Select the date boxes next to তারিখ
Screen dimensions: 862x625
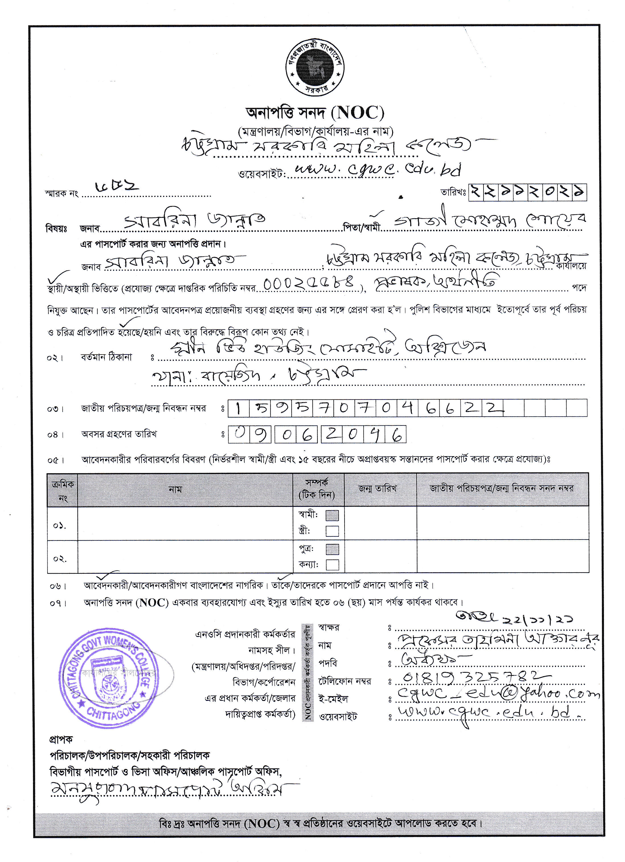pos(527,192)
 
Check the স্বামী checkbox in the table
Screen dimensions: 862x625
pos(332,515)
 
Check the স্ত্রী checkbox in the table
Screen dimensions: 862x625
pos(332,531)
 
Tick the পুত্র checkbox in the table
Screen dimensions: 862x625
pos(332,549)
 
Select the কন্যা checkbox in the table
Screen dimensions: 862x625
pos(332,565)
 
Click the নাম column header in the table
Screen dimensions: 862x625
pos(175,489)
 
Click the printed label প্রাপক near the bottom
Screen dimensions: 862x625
pos(61,739)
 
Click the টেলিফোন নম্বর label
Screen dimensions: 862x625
pos(345,682)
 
